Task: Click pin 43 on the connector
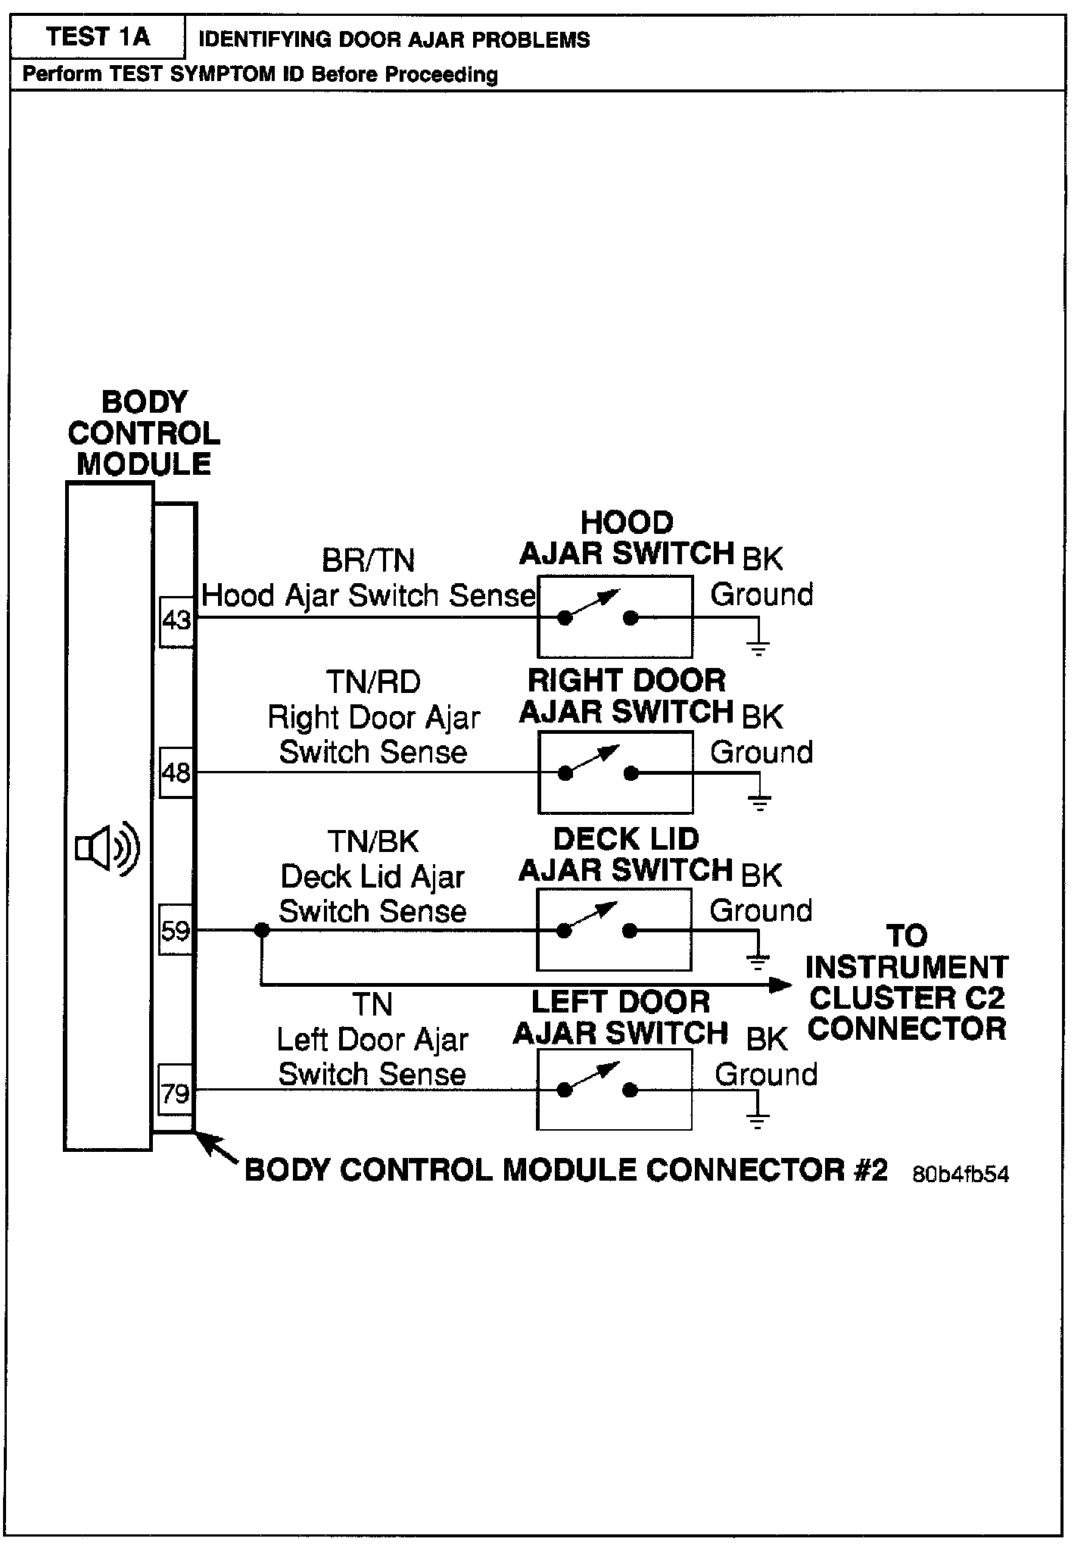point(176,621)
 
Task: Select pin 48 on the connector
point(176,772)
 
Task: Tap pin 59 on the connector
point(176,930)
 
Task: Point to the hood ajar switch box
point(615,616)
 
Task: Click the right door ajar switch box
point(615,772)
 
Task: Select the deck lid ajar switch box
point(614,930)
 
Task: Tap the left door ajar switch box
point(614,1090)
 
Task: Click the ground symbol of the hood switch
point(758,647)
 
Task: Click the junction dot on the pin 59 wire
point(261,930)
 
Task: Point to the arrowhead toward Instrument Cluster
point(780,985)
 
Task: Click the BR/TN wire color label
point(369,561)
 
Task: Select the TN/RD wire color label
point(373,682)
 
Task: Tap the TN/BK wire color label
point(373,841)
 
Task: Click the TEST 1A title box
point(98,36)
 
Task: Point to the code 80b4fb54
point(960,1174)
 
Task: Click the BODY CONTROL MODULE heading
point(143,433)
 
